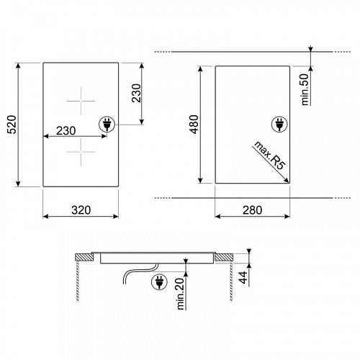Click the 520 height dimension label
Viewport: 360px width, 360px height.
(x=12, y=125)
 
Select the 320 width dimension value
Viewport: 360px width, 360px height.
(x=81, y=210)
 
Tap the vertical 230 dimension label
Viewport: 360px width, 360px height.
(x=136, y=93)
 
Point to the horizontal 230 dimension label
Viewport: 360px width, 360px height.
(x=66, y=131)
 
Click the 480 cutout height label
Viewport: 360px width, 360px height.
(x=194, y=125)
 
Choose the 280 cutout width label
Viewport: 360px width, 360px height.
(x=252, y=210)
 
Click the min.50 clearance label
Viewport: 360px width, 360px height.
(x=305, y=89)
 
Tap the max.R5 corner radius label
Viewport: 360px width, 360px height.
(x=270, y=156)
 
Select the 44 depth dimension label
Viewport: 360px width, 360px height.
(x=243, y=278)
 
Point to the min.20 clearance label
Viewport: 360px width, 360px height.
(x=181, y=294)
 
